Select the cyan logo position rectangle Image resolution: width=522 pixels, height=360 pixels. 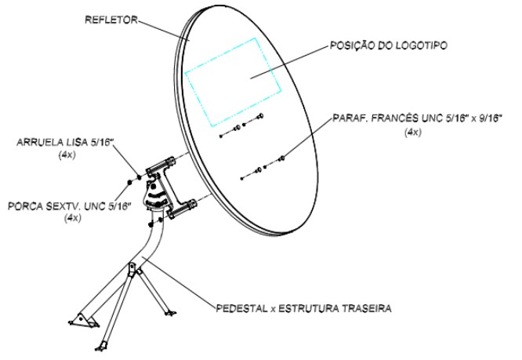[x=234, y=75]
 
